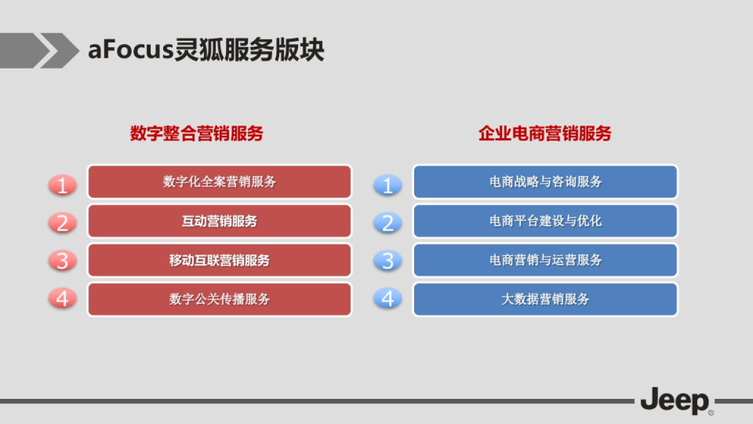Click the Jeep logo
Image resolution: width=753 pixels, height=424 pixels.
pyautogui.click(x=675, y=401)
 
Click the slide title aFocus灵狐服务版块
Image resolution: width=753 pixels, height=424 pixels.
pyautogui.click(x=206, y=50)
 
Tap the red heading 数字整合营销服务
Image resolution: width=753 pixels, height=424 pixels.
pyautogui.click(x=196, y=133)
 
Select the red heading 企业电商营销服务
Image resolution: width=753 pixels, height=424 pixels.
pyautogui.click(x=545, y=133)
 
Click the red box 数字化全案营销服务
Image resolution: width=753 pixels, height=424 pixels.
pyautogui.click(x=220, y=182)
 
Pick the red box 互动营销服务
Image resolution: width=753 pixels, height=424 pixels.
pyautogui.click(x=220, y=221)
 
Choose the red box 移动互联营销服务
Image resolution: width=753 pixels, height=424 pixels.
pyautogui.click(x=220, y=260)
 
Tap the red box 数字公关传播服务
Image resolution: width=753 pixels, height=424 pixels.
pyautogui.click(x=220, y=299)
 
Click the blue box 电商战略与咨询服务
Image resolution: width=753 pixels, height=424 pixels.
pyautogui.click(x=545, y=182)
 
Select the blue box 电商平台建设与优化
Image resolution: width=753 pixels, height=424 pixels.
pyautogui.click(x=545, y=221)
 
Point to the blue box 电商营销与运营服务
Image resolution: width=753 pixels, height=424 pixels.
pyautogui.click(x=545, y=260)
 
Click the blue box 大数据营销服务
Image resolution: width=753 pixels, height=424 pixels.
pyautogui.click(x=545, y=299)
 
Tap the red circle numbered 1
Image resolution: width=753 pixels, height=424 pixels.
pyautogui.click(x=62, y=185)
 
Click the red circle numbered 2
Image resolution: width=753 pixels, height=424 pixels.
pyautogui.click(x=62, y=222)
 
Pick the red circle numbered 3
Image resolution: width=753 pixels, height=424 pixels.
pyautogui.click(x=62, y=260)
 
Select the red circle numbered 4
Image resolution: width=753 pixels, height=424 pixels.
pyautogui.click(x=62, y=298)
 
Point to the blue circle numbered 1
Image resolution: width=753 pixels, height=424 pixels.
pyautogui.click(x=388, y=185)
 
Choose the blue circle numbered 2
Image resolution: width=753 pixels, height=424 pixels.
pyautogui.click(x=388, y=222)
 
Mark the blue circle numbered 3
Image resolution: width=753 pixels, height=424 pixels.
pyautogui.click(x=388, y=260)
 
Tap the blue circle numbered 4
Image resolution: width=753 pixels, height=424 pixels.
pyautogui.click(x=388, y=298)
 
